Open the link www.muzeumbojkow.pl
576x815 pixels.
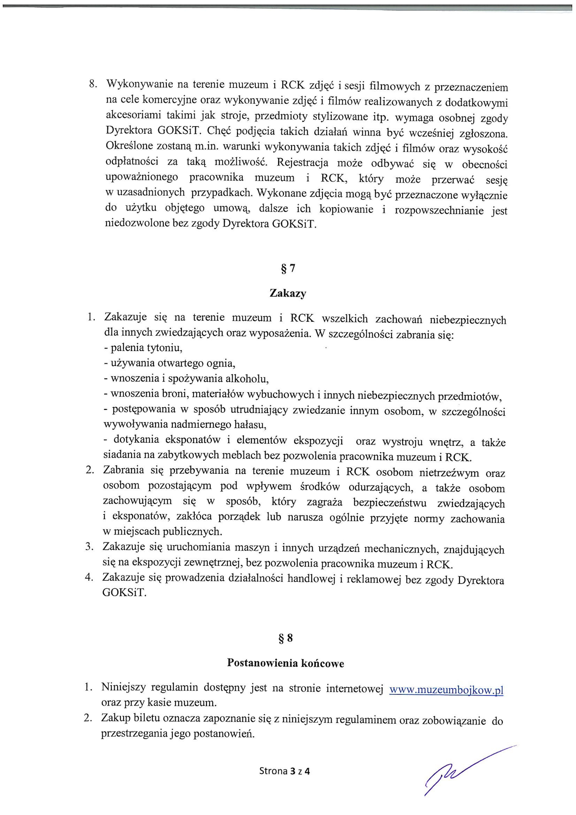click(446, 690)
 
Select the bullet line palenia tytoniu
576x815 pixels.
click(143, 348)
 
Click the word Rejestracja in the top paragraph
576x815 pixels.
click(302, 162)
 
